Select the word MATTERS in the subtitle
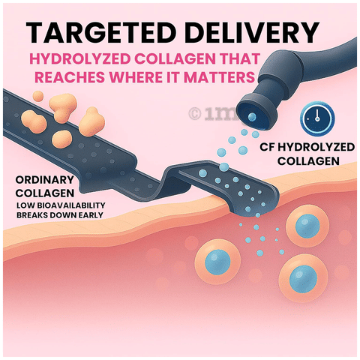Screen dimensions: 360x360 click(x=219, y=76)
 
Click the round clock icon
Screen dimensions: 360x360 click(x=317, y=118)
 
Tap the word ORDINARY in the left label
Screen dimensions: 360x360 click(x=45, y=179)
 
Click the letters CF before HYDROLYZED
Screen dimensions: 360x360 click(x=267, y=147)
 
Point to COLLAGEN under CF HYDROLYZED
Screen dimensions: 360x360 click(x=308, y=160)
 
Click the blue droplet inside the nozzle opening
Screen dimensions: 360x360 click(x=252, y=116)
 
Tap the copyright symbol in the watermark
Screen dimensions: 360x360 click(x=195, y=113)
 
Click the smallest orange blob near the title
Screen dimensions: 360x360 click(x=38, y=96)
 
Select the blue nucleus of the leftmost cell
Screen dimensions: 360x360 click(x=217, y=262)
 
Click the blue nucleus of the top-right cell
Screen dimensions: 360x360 click(x=307, y=226)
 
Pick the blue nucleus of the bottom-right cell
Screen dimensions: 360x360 click(x=303, y=280)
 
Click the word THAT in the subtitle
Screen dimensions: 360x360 click(x=240, y=59)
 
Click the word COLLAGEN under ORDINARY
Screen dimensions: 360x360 click(x=45, y=193)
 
